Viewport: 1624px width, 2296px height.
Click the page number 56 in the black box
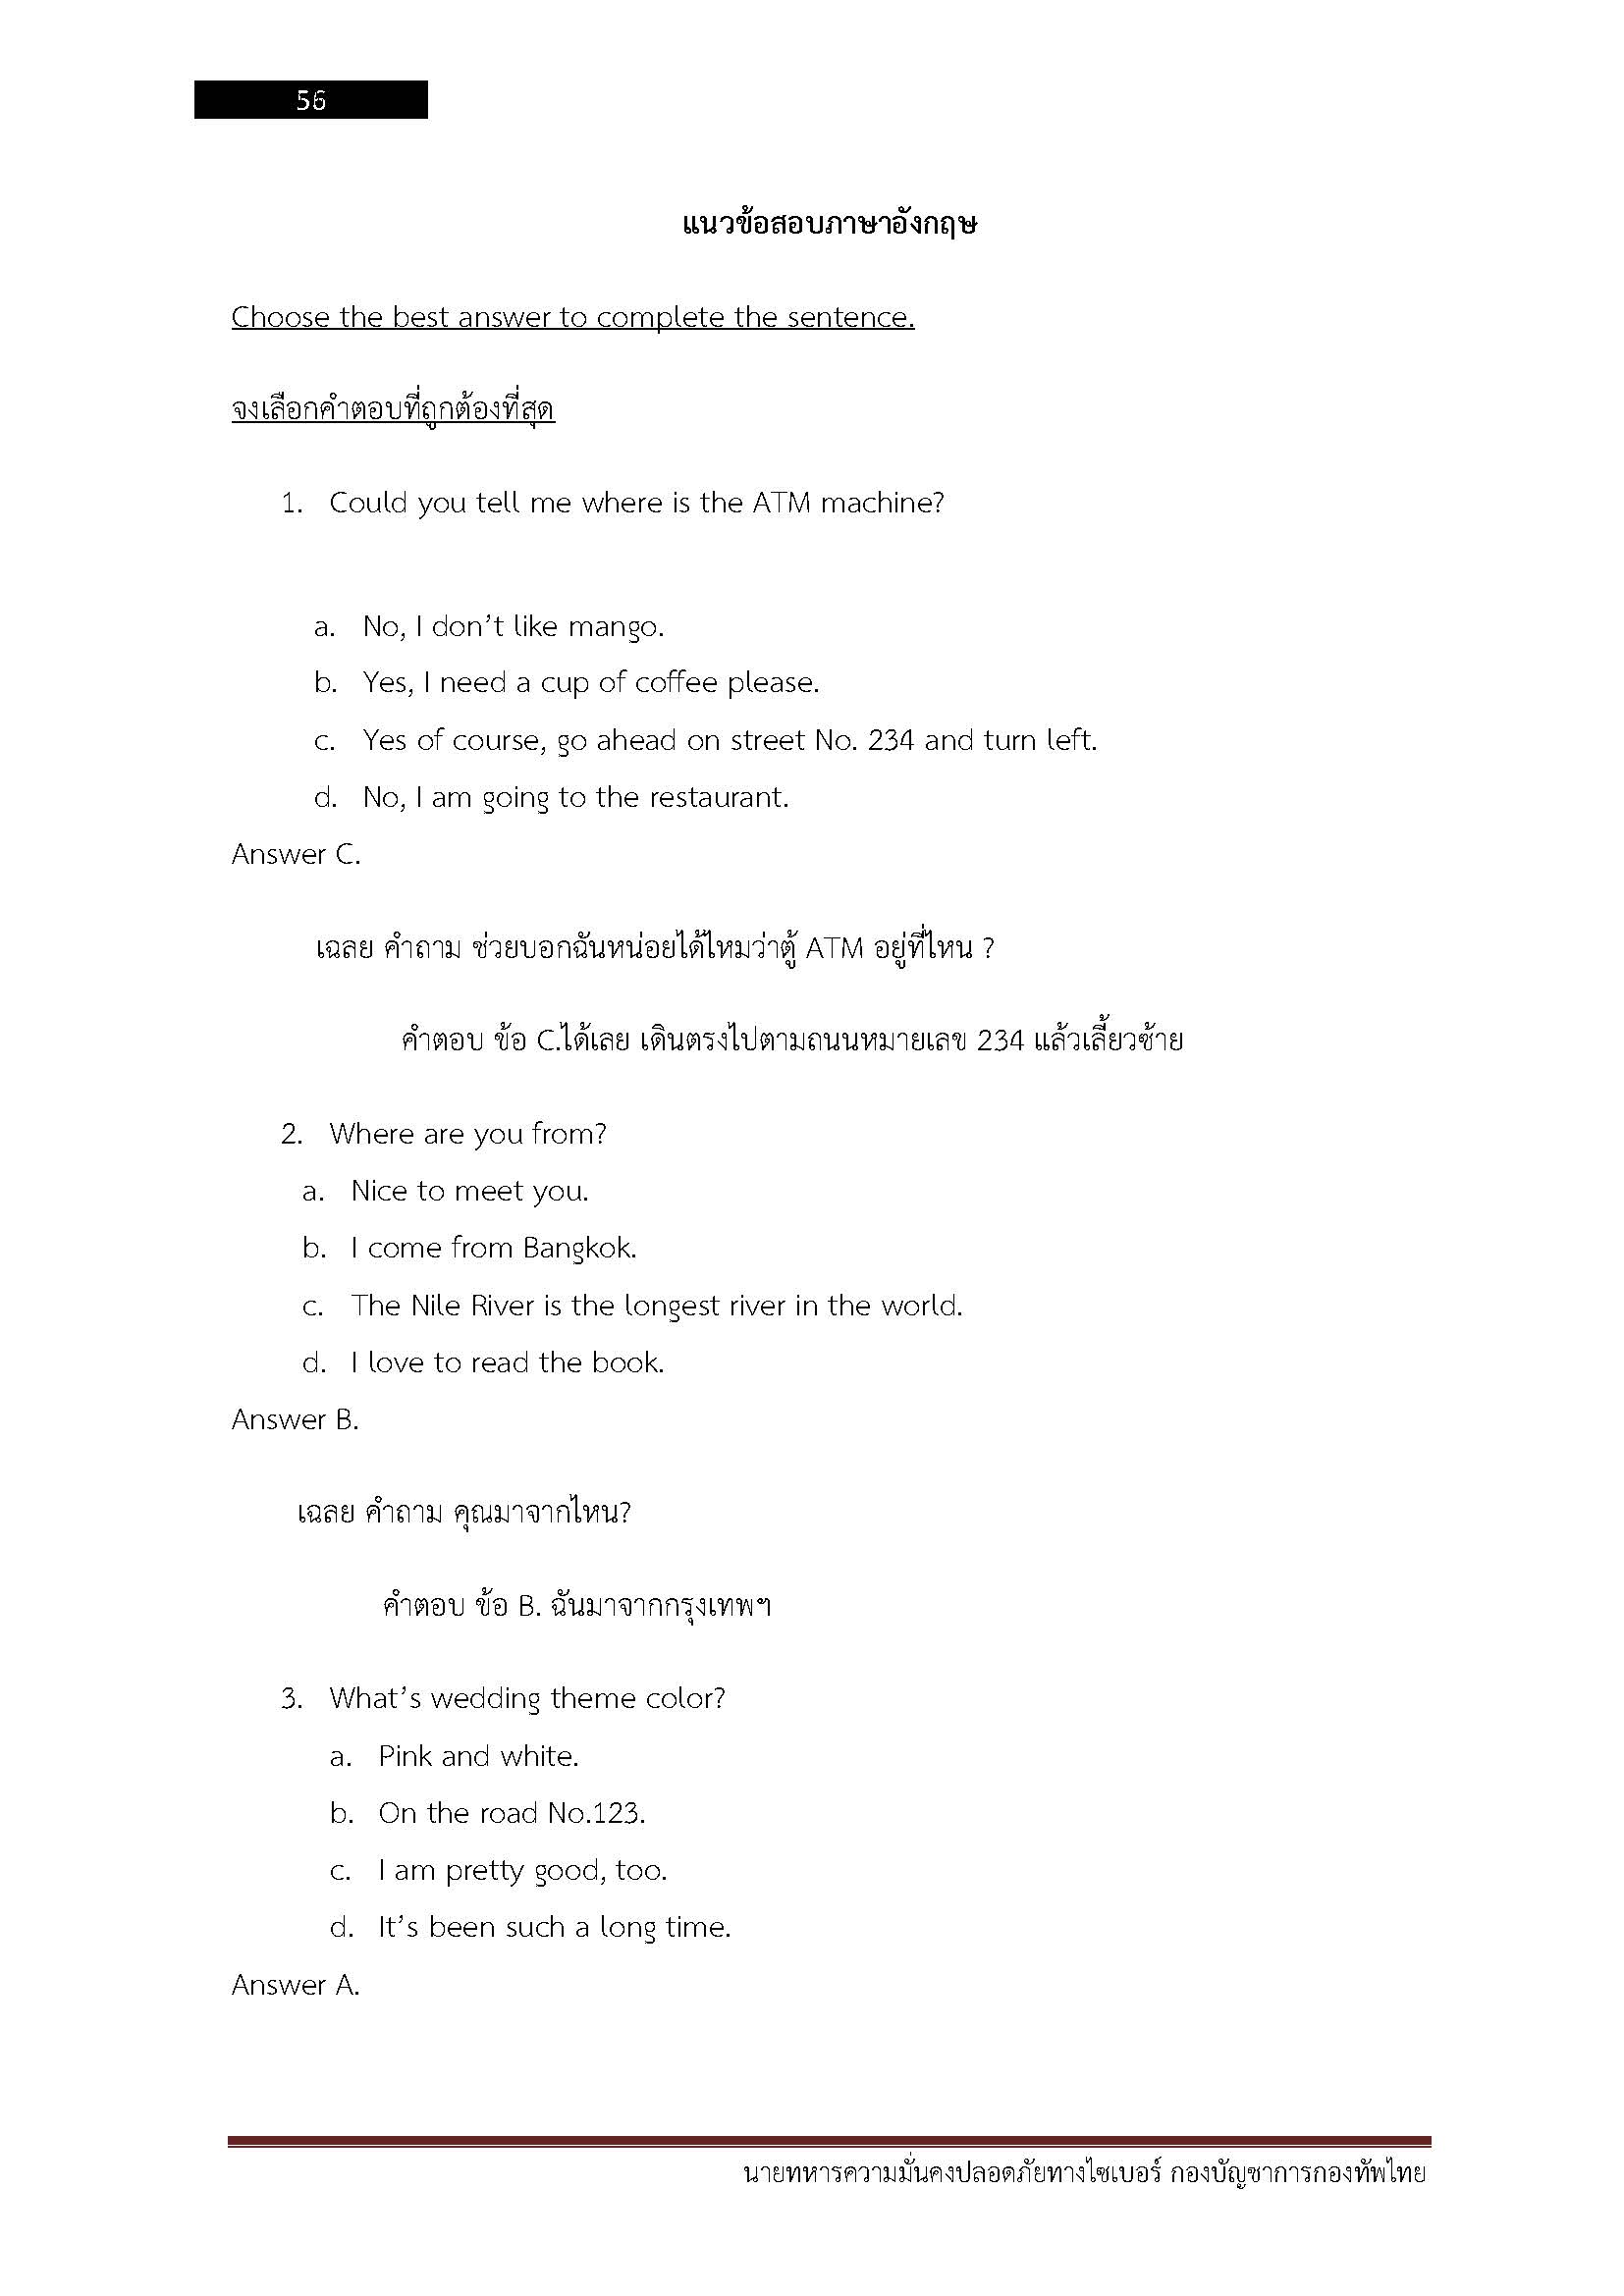310,100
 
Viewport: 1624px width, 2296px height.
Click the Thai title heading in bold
829,223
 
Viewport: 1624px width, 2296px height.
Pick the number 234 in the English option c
890,740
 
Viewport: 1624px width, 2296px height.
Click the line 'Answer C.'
296,854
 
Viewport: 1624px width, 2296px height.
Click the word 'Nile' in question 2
433,1305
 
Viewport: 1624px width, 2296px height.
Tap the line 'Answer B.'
295,1419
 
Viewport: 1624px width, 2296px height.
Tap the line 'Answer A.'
295,1985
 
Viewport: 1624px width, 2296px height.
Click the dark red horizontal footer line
829,2142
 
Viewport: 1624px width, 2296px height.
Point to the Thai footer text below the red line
1085,2173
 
